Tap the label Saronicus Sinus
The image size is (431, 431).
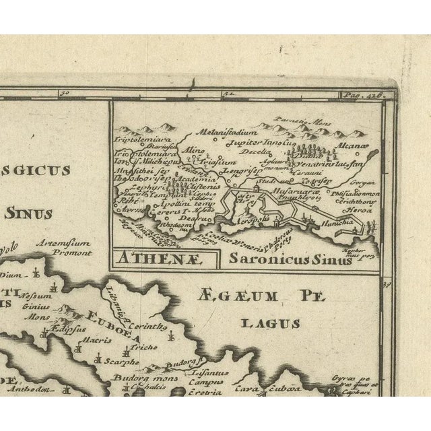(289, 257)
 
